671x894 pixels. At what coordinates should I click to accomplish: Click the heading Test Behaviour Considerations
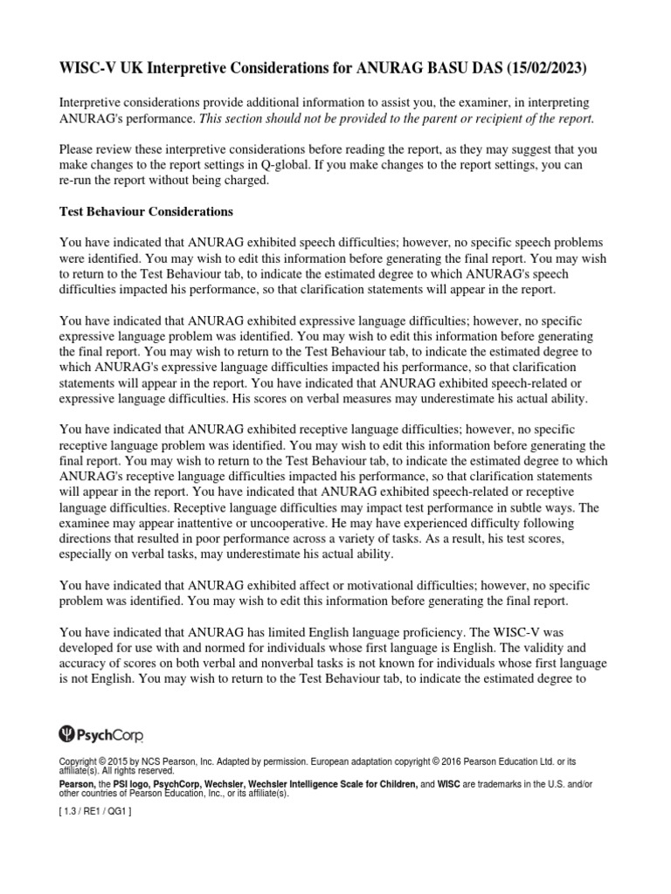coord(145,211)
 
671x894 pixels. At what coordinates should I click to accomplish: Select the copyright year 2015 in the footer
coord(118,761)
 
